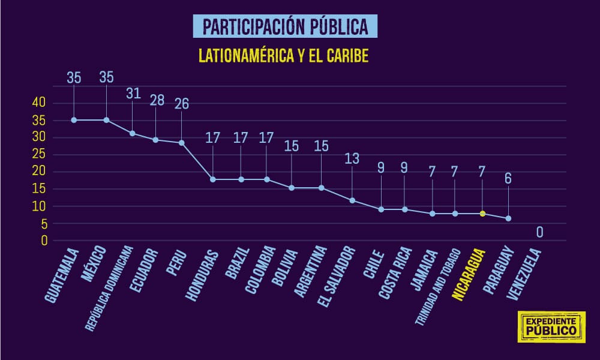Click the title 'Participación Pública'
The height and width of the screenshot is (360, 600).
click(x=285, y=26)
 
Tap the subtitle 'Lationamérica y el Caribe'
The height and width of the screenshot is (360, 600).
click(x=283, y=56)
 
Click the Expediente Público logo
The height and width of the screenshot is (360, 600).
click(x=551, y=327)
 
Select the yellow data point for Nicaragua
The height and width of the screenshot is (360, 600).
click(x=482, y=214)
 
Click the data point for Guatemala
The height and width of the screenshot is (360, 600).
click(x=74, y=120)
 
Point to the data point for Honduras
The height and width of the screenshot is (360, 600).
click(x=213, y=179)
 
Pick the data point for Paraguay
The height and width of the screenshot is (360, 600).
click(x=508, y=218)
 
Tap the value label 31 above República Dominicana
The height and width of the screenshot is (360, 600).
click(x=133, y=94)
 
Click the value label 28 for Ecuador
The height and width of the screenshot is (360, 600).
click(x=157, y=100)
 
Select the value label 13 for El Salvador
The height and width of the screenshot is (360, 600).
click(x=353, y=158)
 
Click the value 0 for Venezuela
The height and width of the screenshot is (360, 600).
click(x=539, y=232)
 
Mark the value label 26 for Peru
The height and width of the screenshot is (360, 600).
click(x=181, y=103)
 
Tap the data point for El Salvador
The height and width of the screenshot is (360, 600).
click(x=352, y=200)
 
